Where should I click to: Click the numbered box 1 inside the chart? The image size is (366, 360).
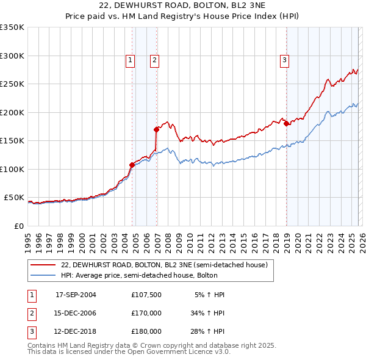click(131, 60)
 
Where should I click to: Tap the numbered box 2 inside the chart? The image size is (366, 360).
click(155, 60)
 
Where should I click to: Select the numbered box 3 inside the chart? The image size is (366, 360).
click(284, 60)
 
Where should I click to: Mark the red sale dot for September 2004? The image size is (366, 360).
click(132, 165)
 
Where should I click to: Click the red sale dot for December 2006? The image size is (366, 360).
click(157, 129)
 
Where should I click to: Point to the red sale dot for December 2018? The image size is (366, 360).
click(286, 124)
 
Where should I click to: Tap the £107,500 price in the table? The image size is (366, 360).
click(146, 294)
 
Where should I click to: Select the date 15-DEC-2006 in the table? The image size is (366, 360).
click(76, 313)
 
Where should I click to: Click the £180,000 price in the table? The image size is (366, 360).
click(146, 332)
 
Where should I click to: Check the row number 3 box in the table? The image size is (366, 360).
click(30, 332)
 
